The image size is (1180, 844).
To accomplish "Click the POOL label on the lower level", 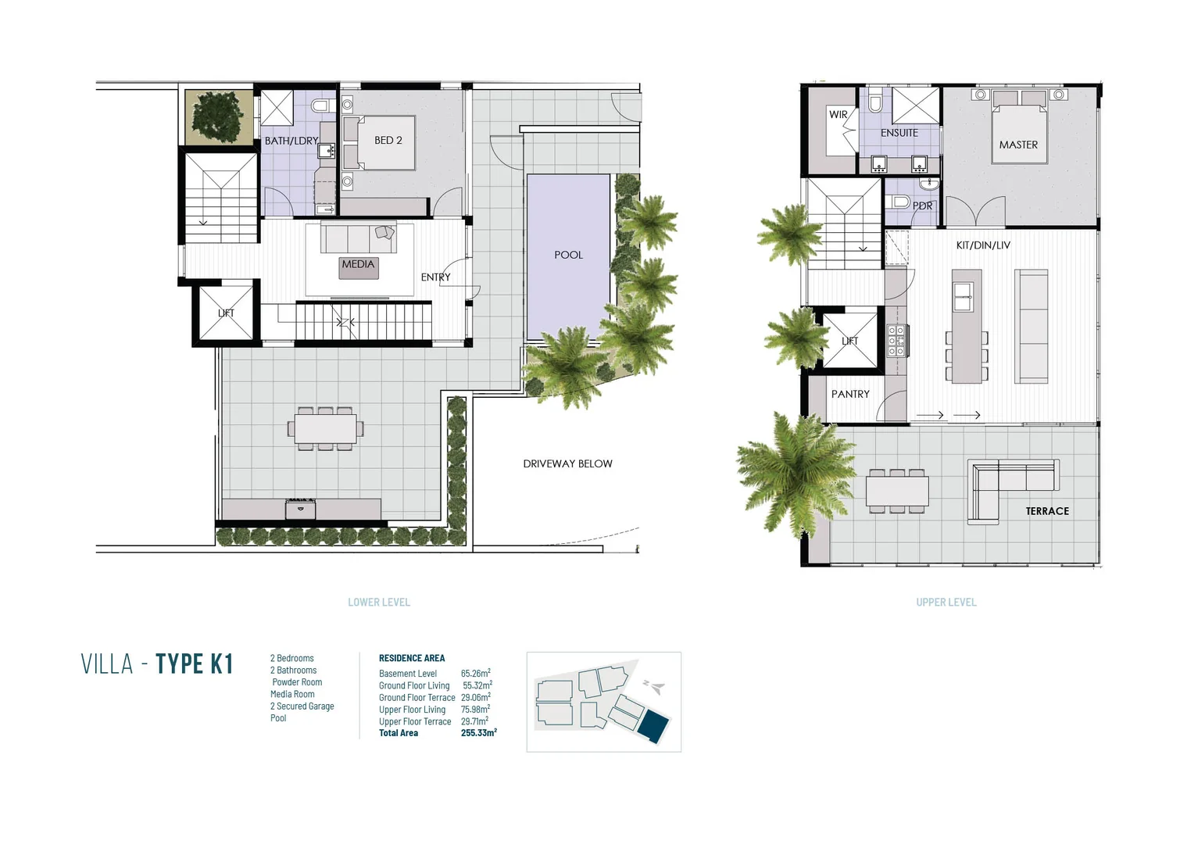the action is [x=568, y=255].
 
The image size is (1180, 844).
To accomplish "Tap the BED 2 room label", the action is [x=388, y=140].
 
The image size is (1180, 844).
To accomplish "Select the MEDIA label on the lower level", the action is [x=358, y=264].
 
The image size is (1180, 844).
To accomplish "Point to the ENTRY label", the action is [x=435, y=277].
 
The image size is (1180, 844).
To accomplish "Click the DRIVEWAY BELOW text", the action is [x=568, y=463].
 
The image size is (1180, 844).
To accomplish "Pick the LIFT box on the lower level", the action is [x=227, y=313].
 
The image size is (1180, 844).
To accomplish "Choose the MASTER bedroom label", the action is [x=1018, y=145].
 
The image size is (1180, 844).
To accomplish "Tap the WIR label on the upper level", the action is [x=839, y=114].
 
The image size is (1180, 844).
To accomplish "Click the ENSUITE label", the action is [x=899, y=133].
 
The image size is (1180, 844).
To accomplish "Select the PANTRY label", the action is [x=850, y=394].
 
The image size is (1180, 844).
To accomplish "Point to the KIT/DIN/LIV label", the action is [x=983, y=245].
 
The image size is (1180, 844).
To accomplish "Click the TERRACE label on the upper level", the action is [x=1047, y=511].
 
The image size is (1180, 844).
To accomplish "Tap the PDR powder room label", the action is [x=922, y=206].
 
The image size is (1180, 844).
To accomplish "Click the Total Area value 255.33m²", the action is [x=479, y=732].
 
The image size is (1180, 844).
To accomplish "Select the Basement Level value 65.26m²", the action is [x=476, y=673].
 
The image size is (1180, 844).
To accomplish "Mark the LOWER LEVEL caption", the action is [x=379, y=603].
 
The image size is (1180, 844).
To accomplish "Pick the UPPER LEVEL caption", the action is [x=946, y=603].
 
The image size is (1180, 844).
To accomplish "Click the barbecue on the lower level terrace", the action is [x=301, y=509].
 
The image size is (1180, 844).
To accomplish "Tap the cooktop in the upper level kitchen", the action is [x=896, y=340].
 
